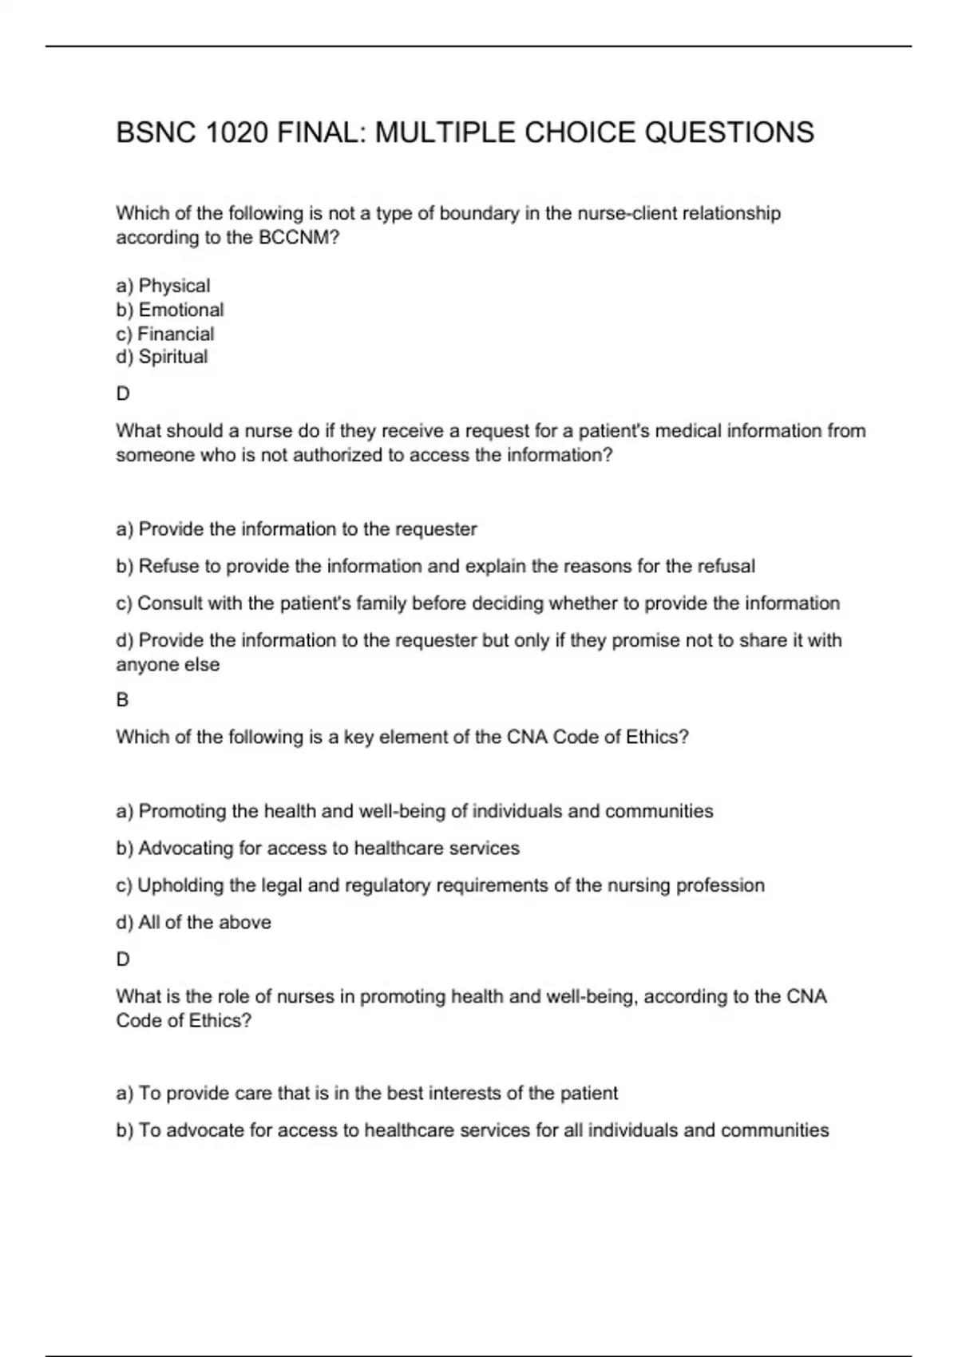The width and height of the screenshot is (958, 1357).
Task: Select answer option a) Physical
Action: coord(163,286)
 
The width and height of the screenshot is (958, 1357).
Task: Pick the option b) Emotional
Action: coord(169,310)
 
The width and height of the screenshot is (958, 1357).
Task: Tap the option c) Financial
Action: coord(164,334)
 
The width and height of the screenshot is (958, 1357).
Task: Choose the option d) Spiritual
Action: coord(161,357)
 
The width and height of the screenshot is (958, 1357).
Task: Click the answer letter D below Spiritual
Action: coord(123,394)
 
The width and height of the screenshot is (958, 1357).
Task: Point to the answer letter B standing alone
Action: coord(122,700)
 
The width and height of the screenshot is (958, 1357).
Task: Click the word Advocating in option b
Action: coord(185,848)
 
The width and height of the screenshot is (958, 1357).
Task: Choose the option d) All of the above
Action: coord(193,923)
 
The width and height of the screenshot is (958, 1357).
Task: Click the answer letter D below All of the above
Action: coord(123,959)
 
